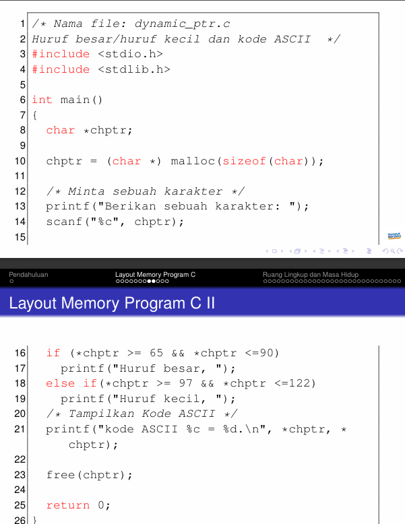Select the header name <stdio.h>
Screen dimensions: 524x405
click(130, 54)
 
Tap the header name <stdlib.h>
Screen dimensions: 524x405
click(133, 69)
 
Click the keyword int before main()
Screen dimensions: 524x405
click(42, 100)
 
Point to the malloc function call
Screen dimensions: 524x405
click(192, 161)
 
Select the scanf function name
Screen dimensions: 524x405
click(64, 222)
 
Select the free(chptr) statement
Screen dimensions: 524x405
click(89, 475)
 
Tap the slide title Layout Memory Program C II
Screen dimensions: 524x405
click(112, 303)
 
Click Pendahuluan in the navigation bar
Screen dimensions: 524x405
click(29, 275)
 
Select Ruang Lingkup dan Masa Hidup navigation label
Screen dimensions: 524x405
click(311, 275)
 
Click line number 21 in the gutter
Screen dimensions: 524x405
click(19, 429)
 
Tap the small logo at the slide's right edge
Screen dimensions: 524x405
click(394, 235)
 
